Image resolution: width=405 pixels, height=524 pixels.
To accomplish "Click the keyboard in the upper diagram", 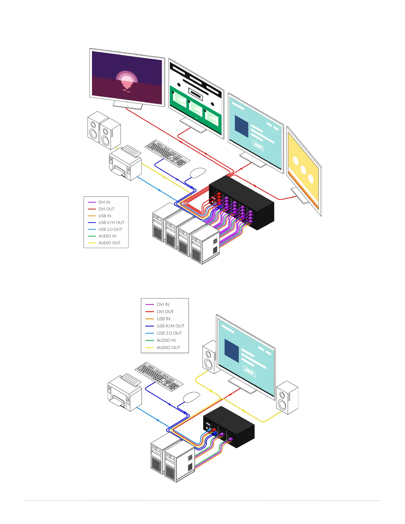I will (167, 153).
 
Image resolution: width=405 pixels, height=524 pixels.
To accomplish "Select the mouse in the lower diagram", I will (191, 397).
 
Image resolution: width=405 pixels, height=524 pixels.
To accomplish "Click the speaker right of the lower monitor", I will (287, 398).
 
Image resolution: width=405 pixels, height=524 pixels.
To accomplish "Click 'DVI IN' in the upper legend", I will (104, 202).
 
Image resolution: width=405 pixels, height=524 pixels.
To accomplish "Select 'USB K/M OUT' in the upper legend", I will (111, 223).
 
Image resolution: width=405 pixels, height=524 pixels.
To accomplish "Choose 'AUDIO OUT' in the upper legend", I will (109, 243).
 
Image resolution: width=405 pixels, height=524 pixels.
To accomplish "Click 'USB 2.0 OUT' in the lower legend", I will (169, 333).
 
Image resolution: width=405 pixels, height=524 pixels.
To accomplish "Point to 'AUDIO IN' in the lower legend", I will (166, 340).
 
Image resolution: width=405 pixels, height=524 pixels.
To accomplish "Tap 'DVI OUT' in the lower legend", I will (165, 312).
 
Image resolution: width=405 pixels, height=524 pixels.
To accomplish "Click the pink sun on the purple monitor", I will (127, 80).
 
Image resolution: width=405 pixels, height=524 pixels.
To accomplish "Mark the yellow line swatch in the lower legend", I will (150, 348).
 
